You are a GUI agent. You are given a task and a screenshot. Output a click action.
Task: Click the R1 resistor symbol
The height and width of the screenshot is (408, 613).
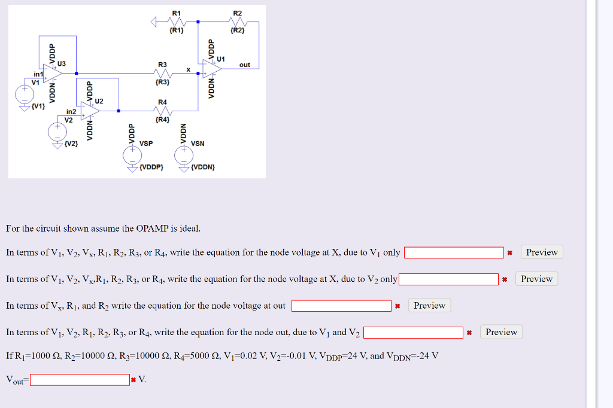[177, 22]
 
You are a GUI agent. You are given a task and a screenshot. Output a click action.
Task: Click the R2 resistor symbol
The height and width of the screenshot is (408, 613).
[238, 22]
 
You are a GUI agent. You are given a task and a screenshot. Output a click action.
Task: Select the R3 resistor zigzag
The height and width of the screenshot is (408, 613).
[163, 73]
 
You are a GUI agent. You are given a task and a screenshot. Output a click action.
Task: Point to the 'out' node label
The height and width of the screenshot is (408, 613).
[245, 65]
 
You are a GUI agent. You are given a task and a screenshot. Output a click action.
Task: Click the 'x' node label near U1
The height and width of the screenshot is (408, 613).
[188, 70]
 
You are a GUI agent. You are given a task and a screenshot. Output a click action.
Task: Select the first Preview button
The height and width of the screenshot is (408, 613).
[541, 252]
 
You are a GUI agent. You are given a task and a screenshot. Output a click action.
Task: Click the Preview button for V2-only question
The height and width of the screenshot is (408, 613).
[536, 279]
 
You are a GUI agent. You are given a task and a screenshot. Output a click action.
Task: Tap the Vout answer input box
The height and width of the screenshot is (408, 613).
[80, 380]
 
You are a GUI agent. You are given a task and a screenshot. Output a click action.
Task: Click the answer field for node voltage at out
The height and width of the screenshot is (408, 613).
[341, 306]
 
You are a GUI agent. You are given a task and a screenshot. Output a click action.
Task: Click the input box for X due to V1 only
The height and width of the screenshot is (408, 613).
[454, 253]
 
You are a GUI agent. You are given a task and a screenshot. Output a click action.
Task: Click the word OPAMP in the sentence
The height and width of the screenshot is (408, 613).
[153, 229]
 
